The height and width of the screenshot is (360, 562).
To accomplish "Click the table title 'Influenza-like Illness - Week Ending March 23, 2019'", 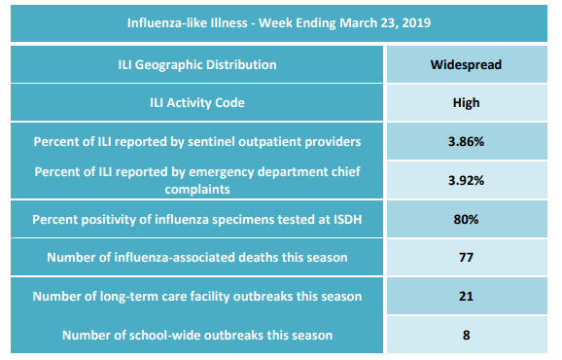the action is coord(279,23).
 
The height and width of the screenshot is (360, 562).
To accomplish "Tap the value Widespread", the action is coord(466,65).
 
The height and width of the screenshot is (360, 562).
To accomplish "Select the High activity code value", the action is coord(466,103).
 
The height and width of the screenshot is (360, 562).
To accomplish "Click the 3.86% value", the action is coord(466,142).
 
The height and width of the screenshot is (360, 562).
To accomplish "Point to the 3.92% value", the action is coord(466,180).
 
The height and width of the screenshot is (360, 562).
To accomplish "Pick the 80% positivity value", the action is coord(466,220).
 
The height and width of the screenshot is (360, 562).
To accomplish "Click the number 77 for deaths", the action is coord(466,258).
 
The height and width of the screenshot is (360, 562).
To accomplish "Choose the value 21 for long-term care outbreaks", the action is coord(466,296).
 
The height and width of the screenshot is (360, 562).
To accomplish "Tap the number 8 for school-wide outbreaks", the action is coord(466,336).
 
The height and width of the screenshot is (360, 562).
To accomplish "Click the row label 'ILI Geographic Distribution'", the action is coord(197,65).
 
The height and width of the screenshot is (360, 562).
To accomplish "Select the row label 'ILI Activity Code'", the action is coord(197,103).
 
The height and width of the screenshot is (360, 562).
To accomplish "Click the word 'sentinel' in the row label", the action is coord(211,142).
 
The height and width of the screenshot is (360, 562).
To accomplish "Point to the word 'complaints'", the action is coord(197,190).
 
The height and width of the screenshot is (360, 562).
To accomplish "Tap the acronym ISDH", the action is coord(348,220).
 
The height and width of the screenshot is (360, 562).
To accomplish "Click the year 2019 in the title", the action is coord(416,23).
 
